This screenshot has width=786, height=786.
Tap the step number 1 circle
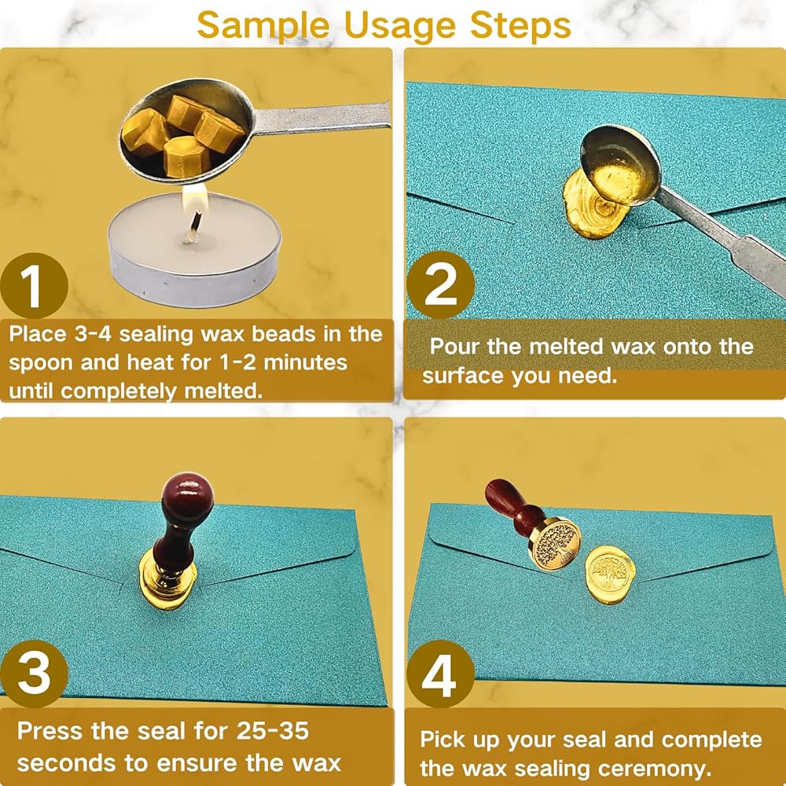tap(34, 286)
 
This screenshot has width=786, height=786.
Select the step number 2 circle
tap(440, 285)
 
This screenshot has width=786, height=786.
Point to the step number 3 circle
tap(34, 674)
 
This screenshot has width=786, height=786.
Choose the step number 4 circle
tap(440, 674)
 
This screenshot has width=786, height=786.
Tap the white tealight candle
tap(194, 249)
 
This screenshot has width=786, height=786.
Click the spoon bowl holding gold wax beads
tap(186, 131)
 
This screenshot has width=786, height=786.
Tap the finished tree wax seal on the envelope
tap(610, 575)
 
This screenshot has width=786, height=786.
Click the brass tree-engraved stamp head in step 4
tap(554, 543)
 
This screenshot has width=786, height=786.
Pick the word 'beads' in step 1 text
tap(284, 334)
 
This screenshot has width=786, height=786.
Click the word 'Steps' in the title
tap(520, 26)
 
